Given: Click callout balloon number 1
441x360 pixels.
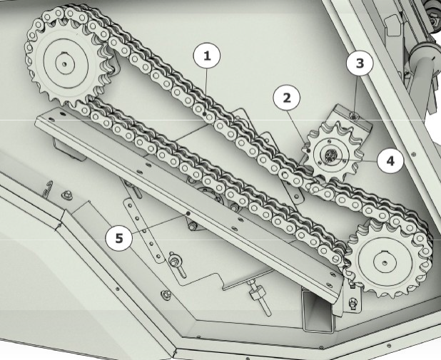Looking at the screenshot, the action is coord(207,56).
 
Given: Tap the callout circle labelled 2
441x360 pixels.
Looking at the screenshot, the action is coord(287,98).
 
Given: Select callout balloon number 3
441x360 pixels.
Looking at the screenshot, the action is coord(360,63).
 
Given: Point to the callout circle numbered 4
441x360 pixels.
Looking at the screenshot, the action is coord(390,160).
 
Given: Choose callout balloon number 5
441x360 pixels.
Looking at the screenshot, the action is coord(119,238).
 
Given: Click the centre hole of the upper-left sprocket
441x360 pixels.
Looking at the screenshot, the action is coord(65,64).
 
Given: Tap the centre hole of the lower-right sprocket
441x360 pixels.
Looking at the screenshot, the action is coord(385,263).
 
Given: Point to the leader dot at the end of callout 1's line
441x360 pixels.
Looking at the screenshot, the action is coord(205,114).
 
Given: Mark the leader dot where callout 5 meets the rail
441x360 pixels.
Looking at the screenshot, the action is coord(188,214).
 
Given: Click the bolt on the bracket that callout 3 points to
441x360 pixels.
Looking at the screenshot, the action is coord(354,115).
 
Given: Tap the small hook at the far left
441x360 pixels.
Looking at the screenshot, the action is coord(48,190).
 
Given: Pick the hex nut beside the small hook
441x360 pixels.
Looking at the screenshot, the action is coord(66,194).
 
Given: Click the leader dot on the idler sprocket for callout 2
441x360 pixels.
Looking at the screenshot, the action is coord(308,151).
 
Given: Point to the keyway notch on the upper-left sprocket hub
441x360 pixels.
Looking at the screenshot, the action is coord(65,52).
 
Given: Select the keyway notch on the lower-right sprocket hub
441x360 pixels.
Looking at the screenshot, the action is coord(385,251).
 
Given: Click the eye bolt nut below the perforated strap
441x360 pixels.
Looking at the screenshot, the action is coord(173,261).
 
